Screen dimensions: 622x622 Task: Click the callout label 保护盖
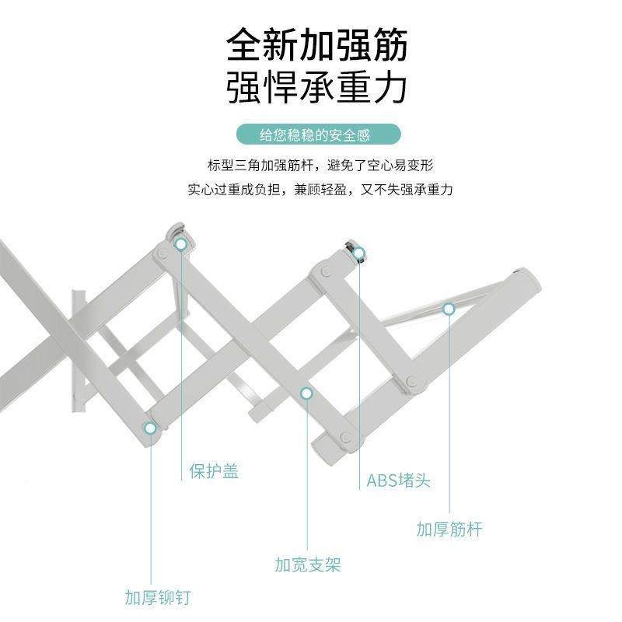tap(214, 472)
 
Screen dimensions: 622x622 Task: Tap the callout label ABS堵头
tap(398, 480)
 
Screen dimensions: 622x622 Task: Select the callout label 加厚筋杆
tap(449, 529)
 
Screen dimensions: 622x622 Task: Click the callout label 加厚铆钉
tap(158, 598)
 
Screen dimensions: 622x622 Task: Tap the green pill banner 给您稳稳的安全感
tap(315, 135)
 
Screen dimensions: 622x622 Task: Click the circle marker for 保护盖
tap(181, 244)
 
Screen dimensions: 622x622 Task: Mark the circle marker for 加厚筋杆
tap(449, 309)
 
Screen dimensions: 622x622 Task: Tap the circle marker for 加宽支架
tap(307, 394)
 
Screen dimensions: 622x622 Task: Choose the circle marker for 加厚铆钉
tap(150, 427)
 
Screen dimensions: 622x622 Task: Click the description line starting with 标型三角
tap(320, 166)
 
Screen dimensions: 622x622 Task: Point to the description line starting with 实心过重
tap(320, 189)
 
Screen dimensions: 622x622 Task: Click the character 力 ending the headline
tap(390, 89)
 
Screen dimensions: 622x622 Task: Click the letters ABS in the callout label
tap(381, 480)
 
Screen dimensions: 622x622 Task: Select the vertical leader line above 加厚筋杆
tap(449, 412)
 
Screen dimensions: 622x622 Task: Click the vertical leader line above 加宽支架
tap(307, 474)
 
